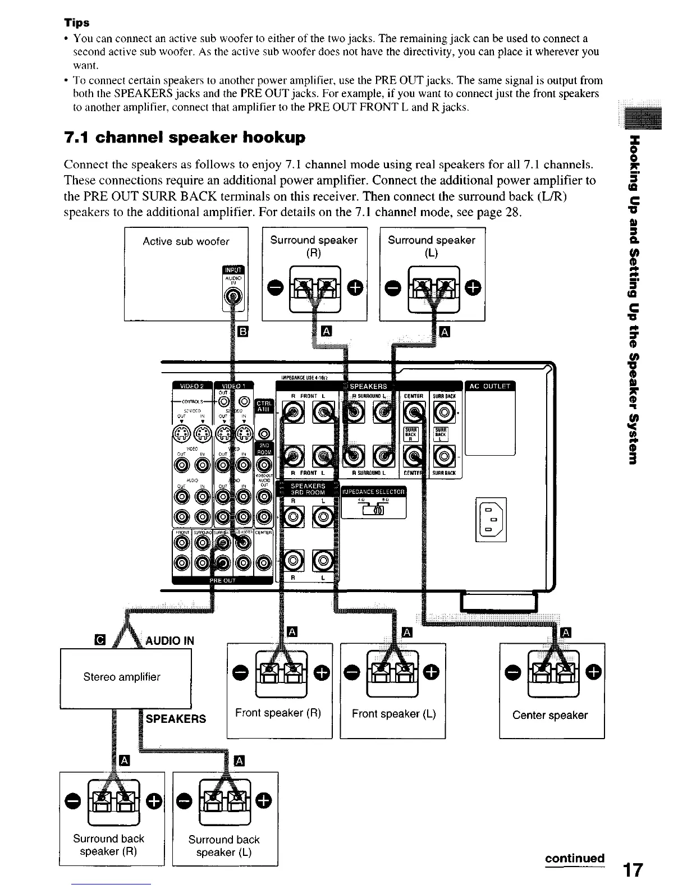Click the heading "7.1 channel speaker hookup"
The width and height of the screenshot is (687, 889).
tap(185, 138)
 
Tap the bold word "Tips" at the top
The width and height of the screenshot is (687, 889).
tap(76, 23)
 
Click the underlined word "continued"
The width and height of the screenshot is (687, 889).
tap(574, 858)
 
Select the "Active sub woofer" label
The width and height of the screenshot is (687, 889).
tap(186, 241)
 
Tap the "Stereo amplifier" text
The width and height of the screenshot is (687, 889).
tap(122, 677)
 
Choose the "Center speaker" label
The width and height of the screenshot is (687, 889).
tap(549, 715)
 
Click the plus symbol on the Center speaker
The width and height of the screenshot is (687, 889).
tap(596, 671)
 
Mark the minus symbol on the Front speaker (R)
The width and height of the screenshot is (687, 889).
tap(238, 671)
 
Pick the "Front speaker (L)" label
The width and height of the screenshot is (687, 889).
tap(393, 713)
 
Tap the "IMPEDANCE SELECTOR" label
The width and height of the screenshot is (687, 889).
tap(374, 492)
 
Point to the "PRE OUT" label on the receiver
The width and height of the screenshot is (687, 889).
tap(222, 581)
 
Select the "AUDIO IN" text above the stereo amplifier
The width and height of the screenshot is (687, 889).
tap(170, 641)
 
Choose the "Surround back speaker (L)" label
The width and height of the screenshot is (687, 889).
tap(224, 846)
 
